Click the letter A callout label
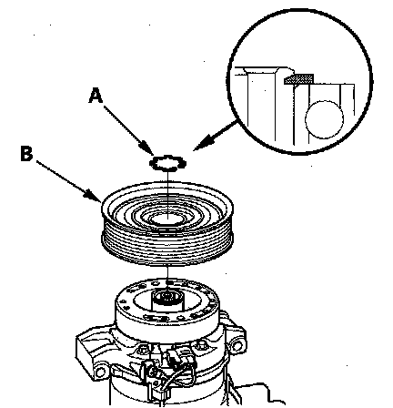pos(96,96)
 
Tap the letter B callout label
pos(26,153)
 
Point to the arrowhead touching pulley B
pos(94,195)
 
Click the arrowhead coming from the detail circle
pos(203,144)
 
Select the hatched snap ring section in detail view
pos(298,79)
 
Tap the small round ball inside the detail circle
pos(324,119)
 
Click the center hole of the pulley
pos(167,218)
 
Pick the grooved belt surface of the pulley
pos(167,243)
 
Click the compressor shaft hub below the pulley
pos(167,299)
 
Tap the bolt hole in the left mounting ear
pos(99,372)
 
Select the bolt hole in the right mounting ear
pos(237,345)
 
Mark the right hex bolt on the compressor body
pos(202,344)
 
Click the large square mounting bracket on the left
pos(88,349)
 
